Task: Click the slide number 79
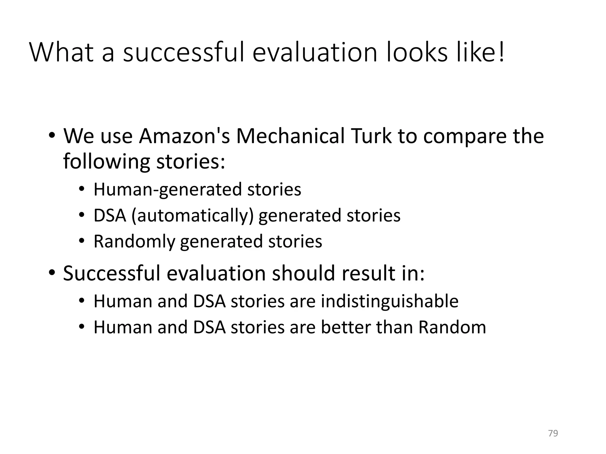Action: [x=553, y=433]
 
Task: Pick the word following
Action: [x=107, y=162]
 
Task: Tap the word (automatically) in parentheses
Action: [x=193, y=215]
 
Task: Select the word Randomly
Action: [x=134, y=241]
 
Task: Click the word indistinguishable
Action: [x=389, y=301]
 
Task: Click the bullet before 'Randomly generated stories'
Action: [x=82, y=241]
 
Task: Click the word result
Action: [x=368, y=273]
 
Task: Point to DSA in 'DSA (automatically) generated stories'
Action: [x=110, y=215]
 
